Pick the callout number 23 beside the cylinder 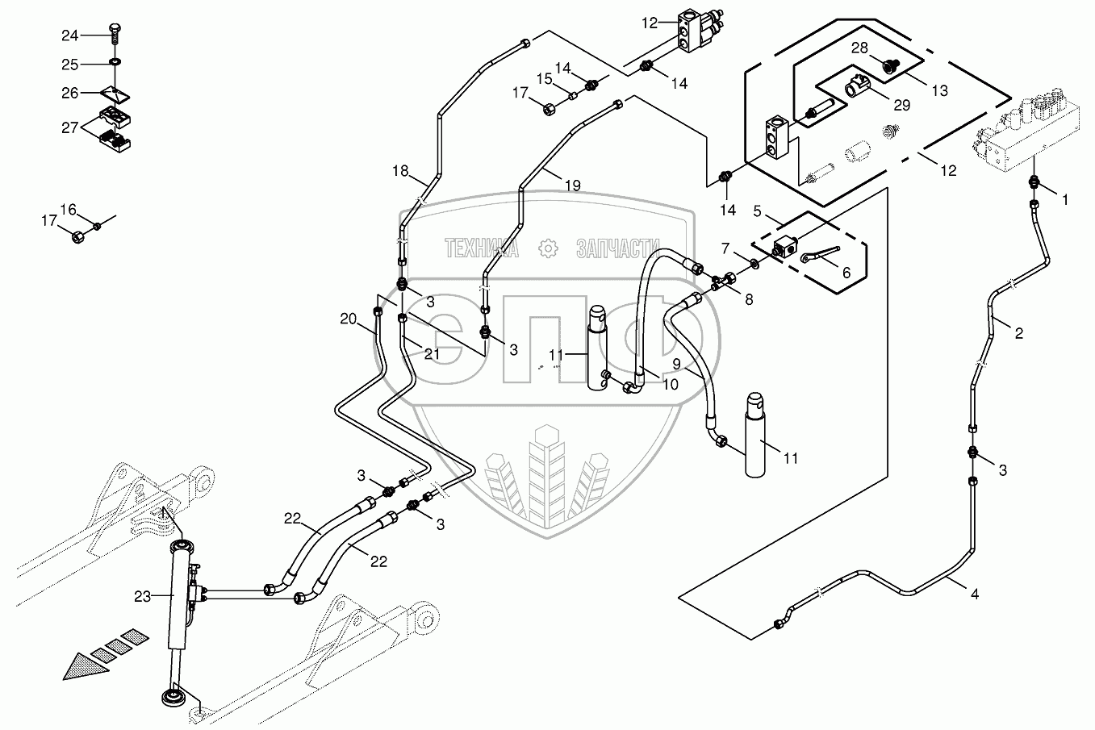pos(143,597)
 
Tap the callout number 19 pos(571,186)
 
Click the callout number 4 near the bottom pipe pos(975,594)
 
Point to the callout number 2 pos(1018,332)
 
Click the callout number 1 pos(1064,200)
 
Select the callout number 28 pos(861,48)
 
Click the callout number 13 pos(939,91)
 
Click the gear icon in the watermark pos(548,249)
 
